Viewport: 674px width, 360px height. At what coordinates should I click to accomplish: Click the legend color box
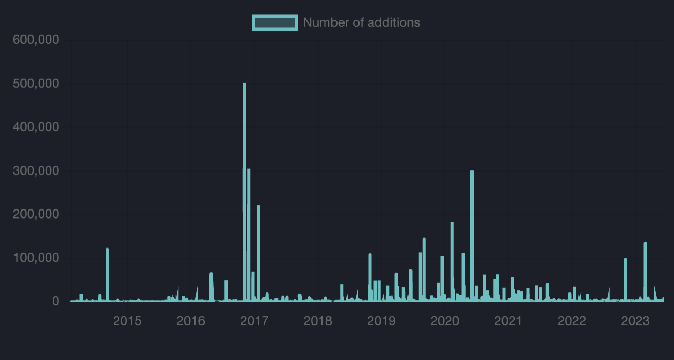pyautogui.click(x=274, y=22)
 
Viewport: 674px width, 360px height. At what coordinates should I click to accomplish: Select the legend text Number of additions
pyautogui.click(x=361, y=22)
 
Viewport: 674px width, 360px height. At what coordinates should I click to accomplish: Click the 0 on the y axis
pyautogui.click(x=55, y=302)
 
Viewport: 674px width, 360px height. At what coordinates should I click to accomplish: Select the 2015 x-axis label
pyautogui.click(x=128, y=321)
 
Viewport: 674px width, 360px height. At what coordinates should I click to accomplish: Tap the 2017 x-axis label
pyautogui.click(x=254, y=321)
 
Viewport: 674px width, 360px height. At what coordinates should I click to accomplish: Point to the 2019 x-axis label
pyautogui.click(x=381, y=321)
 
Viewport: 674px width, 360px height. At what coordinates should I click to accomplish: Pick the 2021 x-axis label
pyautogui.click(x=508, y=321)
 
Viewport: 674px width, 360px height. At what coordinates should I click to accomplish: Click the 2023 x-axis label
pyautogui.click(x=635, y=321)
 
